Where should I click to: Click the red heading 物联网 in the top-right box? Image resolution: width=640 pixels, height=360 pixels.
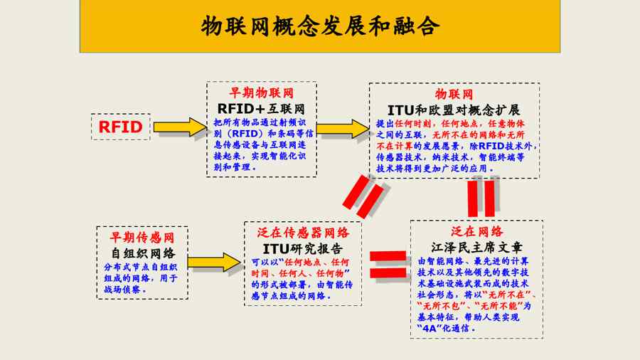pos(454,95)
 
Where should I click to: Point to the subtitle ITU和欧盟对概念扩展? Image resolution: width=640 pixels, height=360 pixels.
pos(454,110)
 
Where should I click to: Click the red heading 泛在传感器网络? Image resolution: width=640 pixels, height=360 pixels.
pos(302,233)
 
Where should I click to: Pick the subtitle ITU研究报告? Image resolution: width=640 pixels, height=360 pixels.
pos(302,249)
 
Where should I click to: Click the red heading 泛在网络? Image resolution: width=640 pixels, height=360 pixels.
pos(476,232)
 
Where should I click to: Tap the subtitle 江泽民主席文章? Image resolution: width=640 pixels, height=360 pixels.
pos(476,248)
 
